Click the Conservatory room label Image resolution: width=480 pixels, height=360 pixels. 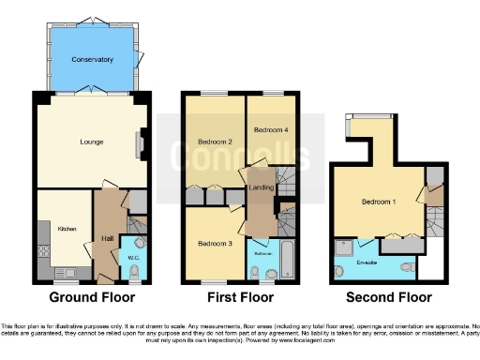point(93,60)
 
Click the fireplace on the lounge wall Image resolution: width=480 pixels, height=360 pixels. point(141,142)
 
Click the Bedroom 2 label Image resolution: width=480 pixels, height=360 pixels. point(215,142)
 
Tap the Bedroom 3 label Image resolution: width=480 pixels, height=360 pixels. point(214,244)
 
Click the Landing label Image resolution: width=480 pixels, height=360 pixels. point(260,188)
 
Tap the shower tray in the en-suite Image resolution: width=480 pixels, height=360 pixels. point(343,248)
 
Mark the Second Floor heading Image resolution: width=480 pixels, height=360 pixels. point(389,298)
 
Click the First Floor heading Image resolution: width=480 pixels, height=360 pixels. point(240,298)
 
